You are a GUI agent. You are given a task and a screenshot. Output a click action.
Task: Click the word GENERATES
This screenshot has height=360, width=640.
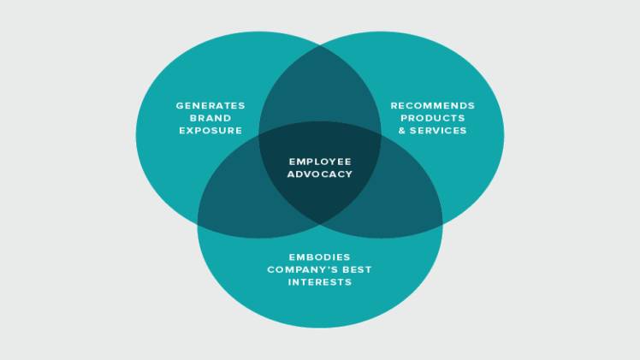tap(210, 105)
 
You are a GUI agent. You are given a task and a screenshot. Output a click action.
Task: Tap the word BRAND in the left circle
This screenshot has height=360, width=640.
tap(210, 118)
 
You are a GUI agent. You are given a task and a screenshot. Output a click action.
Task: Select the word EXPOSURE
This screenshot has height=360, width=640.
tap(210, 131)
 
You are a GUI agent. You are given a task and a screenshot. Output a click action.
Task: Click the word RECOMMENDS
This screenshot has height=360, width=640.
tap(433, 105)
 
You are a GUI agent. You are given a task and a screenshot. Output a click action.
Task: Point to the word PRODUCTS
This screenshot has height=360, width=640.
tap(433, 118)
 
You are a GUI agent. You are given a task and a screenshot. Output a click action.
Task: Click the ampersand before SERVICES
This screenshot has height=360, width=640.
tap(402, 131)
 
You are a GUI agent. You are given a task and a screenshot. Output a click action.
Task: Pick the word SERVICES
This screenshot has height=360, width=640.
tap(438, 131)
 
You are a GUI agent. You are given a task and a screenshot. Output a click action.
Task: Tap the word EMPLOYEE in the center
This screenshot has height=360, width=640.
tap(320, 162)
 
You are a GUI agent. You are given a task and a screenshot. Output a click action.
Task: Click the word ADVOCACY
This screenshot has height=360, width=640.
tap(320, 174)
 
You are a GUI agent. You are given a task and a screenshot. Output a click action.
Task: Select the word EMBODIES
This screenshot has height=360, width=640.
tap(320, 257)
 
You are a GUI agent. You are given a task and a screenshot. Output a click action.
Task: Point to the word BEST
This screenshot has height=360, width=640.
tap(357, 270)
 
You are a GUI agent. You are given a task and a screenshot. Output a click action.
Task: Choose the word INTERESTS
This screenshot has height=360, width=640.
tap(320, 282)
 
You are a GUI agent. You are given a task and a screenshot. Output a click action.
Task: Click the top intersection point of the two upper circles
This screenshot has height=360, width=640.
tap(320, 46)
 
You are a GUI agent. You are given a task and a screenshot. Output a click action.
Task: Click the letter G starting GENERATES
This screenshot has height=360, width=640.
tap(180, 105)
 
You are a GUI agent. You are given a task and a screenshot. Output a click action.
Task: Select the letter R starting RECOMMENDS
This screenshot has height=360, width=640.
tap(394, 105)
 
